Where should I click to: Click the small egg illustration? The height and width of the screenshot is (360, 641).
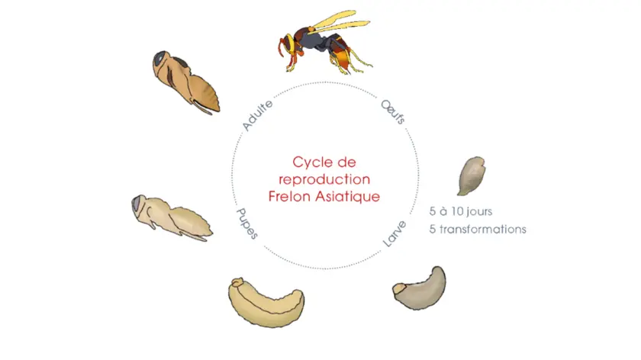coord(471,175)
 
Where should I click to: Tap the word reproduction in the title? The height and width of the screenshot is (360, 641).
coord(324,179)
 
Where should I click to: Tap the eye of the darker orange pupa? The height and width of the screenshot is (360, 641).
coord(159,59)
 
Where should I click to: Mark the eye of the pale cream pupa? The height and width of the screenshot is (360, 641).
coord(137,203)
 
